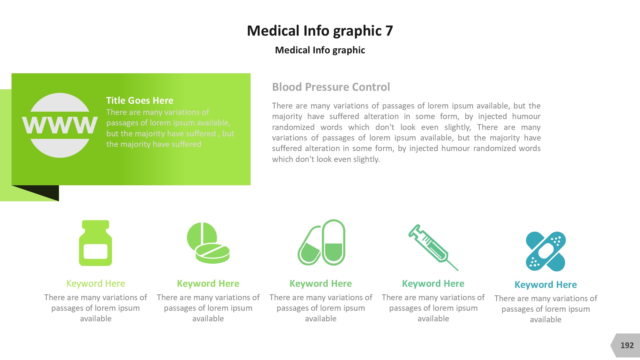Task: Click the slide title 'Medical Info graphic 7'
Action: click(320, 31)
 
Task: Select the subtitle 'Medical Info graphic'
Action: click(320, 50)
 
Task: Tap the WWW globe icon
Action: click(60, 125)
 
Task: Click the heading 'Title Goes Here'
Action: click(140, 100)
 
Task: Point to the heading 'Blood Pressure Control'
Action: click(331, 87)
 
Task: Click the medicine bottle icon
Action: click(96, 243)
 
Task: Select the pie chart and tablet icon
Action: click(208, 243)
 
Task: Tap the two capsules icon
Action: click(321, 243)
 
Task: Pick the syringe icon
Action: click(433, 247)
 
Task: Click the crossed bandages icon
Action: click(546, 252)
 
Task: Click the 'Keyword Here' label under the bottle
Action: click(96, 284)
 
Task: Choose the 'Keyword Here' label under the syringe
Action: click(433, 284)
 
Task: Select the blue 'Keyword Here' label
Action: click(546, 284)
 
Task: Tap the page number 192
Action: click(627, 345)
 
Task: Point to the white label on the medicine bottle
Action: click(95, 251)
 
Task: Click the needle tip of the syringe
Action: click(458, 270)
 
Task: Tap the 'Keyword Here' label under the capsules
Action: click(321, 284)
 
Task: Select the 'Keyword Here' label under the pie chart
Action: click(208, 284)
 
